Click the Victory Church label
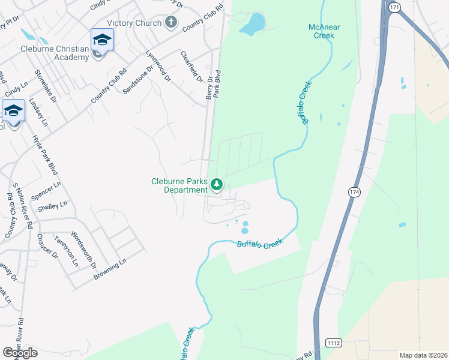(x=134, y=23)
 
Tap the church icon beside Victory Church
(x=171, y=23)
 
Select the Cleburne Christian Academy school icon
(x=102, y=40)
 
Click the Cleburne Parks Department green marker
(x=216, y=184)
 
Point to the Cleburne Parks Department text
(x=179, y=186)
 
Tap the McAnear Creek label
(x=325, y=31)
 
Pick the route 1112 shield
(x=334, y=343)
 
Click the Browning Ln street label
(x=110, y=270)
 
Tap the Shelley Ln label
(x=49, y=206)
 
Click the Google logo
(x=20, y=352)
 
